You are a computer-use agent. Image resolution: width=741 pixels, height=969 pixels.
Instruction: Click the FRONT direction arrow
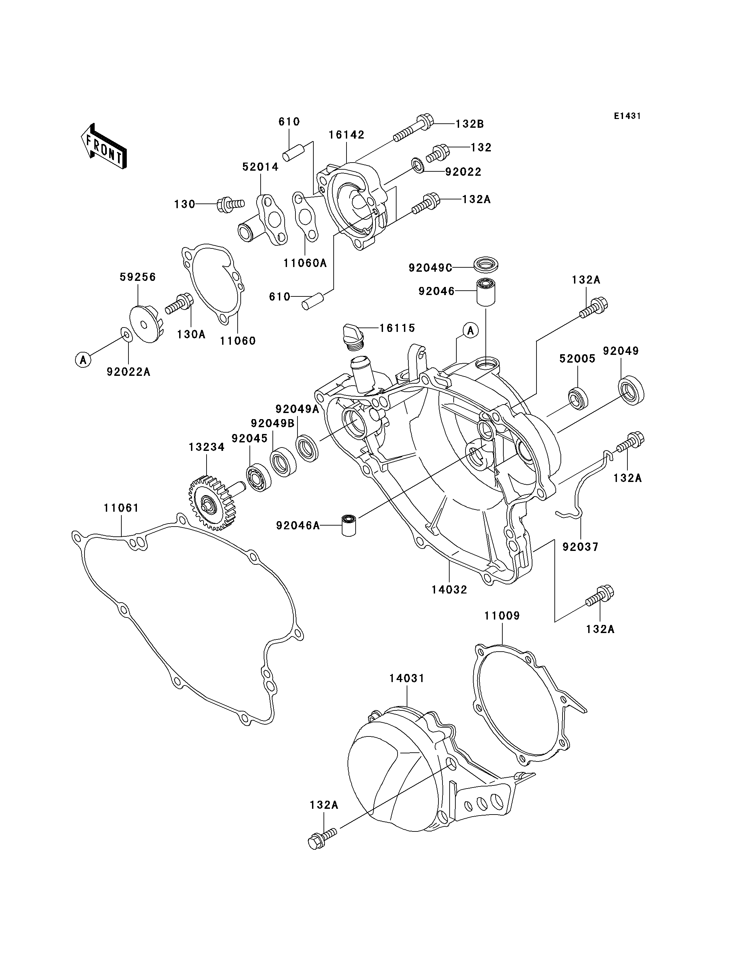pos(104,146)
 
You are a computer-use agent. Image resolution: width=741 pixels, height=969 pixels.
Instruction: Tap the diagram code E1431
pos(627,116)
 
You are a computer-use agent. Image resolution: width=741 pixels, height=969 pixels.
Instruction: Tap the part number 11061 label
pos(121,508)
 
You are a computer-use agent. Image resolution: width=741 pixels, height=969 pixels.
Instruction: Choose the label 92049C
pos(430,267)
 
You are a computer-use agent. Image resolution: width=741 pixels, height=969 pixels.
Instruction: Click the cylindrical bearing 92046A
pos(349,525)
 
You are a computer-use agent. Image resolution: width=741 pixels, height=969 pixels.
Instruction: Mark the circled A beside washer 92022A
pos(83,360)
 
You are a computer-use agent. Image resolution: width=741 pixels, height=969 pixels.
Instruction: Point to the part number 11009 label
pos(502,616)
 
